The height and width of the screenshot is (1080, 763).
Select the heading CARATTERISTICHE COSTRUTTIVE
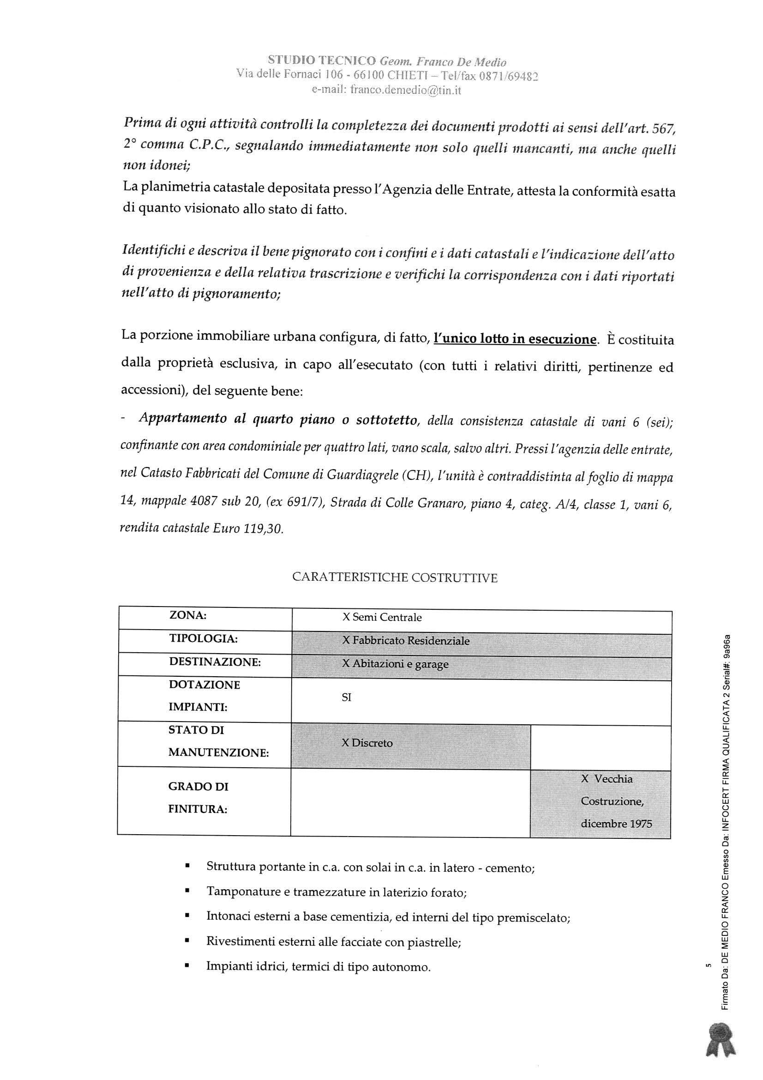point(395,577)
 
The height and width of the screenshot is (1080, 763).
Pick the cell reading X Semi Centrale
point(382,618)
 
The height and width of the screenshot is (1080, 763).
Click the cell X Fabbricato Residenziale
point(405,641)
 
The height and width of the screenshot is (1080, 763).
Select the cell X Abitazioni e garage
point(395,664)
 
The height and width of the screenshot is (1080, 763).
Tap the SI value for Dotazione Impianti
point(347,698)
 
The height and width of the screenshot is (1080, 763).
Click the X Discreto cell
point(366,743)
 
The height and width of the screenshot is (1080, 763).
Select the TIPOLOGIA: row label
point(203,639)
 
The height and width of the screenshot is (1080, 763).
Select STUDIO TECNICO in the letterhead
point(322,61)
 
